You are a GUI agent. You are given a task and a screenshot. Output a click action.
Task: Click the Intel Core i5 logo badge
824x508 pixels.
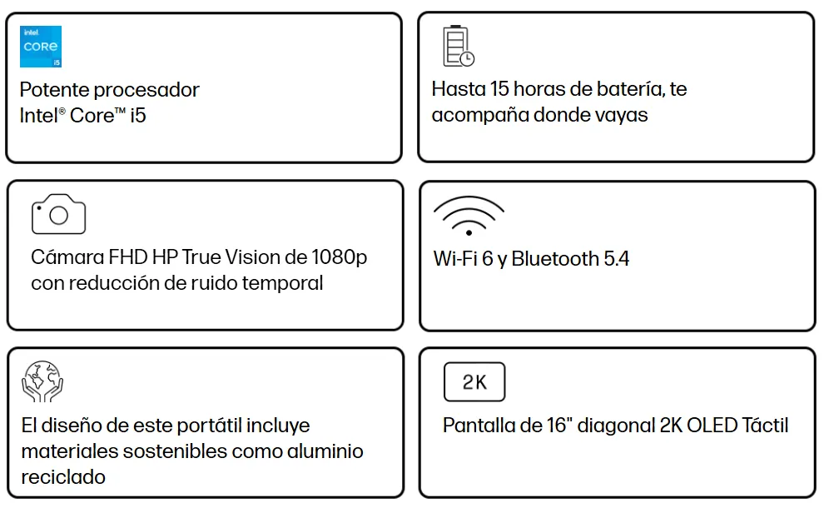[41, 47]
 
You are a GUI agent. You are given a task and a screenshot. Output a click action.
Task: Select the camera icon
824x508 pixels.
[58, 215]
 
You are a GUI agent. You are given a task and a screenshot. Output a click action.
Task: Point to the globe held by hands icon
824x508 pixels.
[42, 382]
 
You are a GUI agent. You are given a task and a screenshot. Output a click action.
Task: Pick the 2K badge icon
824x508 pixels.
[474, 382]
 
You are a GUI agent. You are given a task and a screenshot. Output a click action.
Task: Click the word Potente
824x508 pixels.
[54, 90]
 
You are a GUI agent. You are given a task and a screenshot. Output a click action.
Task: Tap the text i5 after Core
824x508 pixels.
[137, 116]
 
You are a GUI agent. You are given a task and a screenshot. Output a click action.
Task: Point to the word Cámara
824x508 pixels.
[67, 257]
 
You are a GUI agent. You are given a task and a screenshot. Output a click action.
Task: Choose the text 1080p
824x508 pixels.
[340, 257]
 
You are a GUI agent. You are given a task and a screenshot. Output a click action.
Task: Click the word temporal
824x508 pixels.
[282, 283]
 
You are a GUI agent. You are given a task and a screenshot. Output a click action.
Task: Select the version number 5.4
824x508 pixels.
[616, 258]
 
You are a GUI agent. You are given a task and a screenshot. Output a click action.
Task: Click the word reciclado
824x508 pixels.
[63, 477]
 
